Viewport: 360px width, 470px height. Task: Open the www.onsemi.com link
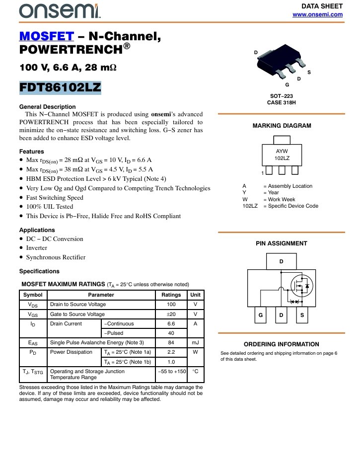point(318,14)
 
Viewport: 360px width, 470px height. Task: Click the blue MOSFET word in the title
point(46,36)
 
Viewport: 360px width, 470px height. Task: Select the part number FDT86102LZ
point(60,88)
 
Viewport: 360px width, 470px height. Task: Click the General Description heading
point(47,107)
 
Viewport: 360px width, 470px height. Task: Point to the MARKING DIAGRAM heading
point(282,126)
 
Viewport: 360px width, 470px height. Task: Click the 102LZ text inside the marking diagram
point(282,158)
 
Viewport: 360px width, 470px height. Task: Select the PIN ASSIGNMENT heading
point(282,243)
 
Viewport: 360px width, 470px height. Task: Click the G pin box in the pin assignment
point(260,315)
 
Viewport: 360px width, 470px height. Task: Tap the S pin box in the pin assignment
point(302,315)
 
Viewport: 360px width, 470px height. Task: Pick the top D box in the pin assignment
point(281,261)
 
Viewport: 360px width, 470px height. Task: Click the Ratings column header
point(171,295)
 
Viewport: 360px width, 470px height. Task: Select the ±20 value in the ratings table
point(171,314)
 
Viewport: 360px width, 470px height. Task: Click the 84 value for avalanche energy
point(171,342)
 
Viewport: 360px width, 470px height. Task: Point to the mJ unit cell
point(195,342)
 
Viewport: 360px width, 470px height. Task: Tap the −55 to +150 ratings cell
point(171,371)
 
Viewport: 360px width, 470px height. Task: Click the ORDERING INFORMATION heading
point(282,344)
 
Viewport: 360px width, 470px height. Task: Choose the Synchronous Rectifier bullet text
point(56,257)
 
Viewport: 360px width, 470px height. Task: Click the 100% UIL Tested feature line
point(50,207)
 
